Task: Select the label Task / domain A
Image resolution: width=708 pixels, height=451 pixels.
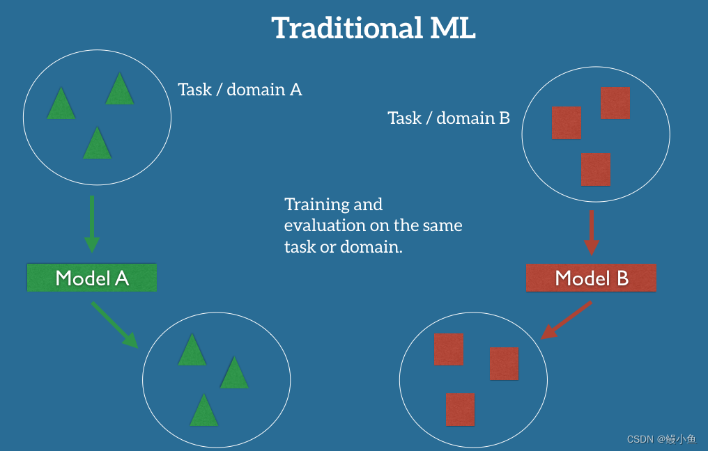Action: pyautogui.click(x=240, y=90)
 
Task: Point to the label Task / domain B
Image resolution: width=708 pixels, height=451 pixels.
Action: pyautogui.click(x=449, y=118)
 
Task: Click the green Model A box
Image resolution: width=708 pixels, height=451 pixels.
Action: pyautogui.click(x=92, y=278)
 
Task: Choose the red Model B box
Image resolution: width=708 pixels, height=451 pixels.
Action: pyautogui.click(x=592, y=278)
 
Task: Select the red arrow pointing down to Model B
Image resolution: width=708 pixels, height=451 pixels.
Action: pyautogui.click(x=591, y=232)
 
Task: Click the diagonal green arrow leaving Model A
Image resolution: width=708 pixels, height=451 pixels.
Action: pyautogui.click(x=114, y=324)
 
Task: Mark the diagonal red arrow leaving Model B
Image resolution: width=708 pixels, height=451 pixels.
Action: pyautogui.click(x=567, y=320)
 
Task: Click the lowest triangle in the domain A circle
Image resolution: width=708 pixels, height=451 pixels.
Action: pyautogui.click(x=97, y=144)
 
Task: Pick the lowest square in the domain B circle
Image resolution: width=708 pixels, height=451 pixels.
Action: pyautogui.click(x=596, y=169)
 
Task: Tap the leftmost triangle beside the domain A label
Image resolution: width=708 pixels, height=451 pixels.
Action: pyautogui.click(x=61, y=104)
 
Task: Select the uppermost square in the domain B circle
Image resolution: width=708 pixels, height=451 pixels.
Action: pyautogui.click(x=615, y=103)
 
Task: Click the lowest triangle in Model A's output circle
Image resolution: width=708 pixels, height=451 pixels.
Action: pyautogui.click(x=203, y=411)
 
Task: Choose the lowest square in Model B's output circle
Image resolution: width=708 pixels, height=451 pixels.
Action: pyautogui.click(x=460, y=409)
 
